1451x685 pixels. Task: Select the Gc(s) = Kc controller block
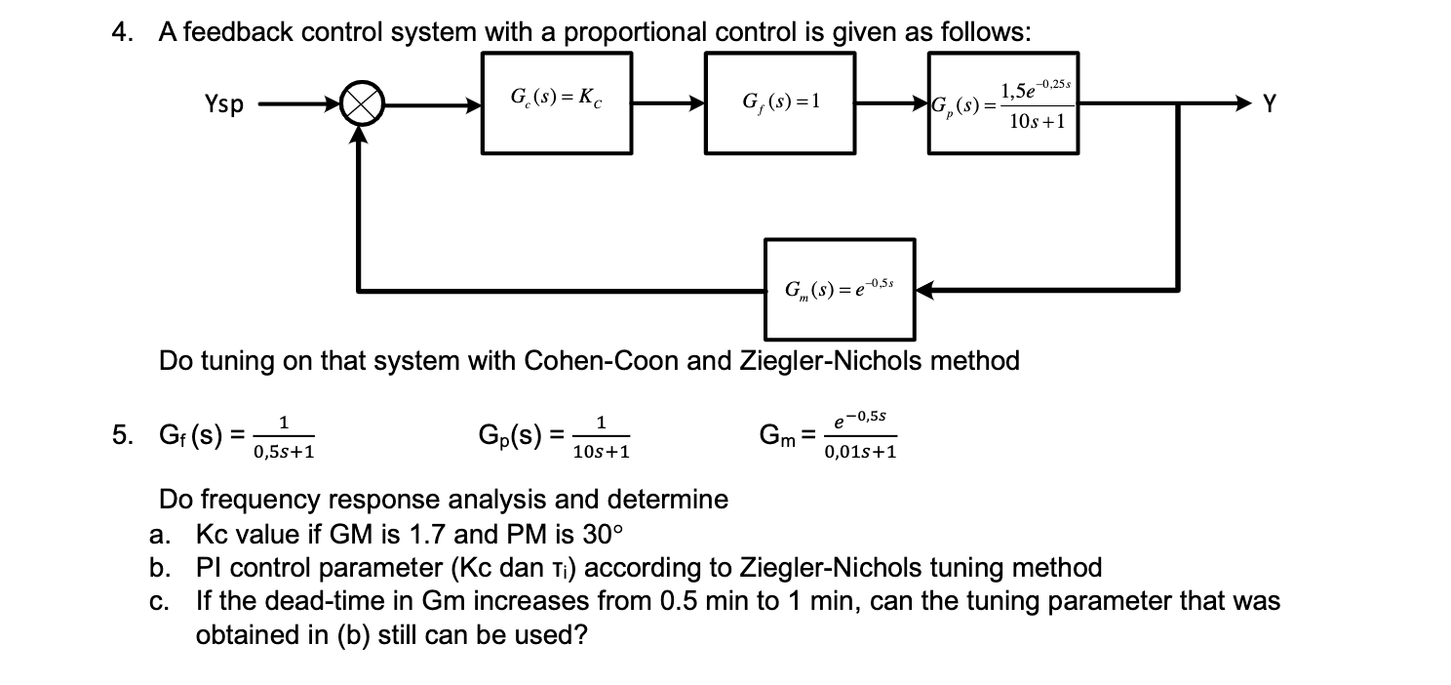(557, 102)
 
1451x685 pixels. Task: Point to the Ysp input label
(224, 103)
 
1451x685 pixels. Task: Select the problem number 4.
(121, 32)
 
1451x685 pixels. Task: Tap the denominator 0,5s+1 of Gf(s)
(283, 452)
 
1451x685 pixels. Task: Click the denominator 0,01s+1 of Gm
(861, 452)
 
